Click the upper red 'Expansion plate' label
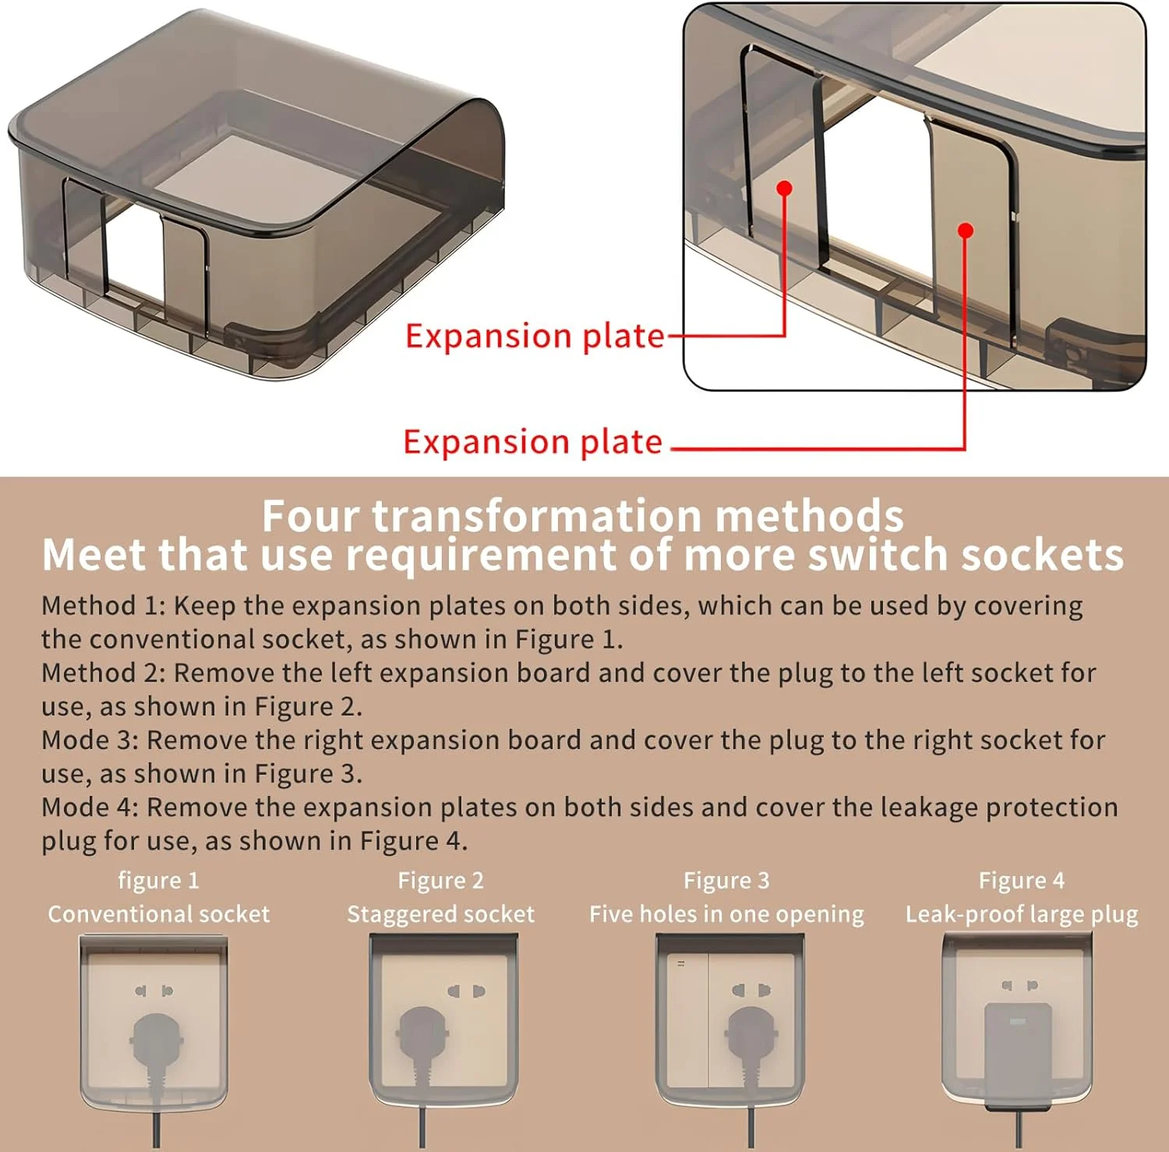click(535, 336)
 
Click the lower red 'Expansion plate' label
click(533, 442)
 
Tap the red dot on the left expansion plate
click(785, 188)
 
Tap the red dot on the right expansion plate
click(966, 231)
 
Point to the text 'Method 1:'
click(104, 606)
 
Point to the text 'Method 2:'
click(104, 673)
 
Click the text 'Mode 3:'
click(90, 740)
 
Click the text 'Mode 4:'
click(90, 807)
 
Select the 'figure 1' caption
click(159, 881)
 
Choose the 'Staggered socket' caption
click(441, 914)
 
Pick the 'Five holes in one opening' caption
click(726, 914)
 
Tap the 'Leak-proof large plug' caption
click(1022, 914)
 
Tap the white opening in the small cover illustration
click(135, 253)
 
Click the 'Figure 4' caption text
click(1022, 881)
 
